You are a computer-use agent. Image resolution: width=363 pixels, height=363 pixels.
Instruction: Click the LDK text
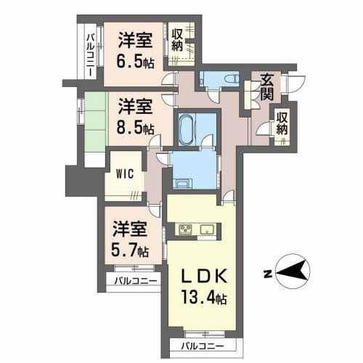coord(205,277)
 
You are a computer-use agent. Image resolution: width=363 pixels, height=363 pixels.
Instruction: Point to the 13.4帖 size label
coord(205,298)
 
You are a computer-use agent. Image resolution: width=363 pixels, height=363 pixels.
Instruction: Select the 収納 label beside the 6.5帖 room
coord(179,39)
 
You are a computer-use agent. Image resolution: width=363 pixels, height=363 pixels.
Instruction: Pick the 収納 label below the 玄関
coord(282,124)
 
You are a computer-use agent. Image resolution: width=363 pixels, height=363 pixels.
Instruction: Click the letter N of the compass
coord(268,274)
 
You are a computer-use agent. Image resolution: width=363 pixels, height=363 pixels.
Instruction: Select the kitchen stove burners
coord(185,232)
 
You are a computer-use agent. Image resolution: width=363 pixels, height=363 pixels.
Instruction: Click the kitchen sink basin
coord(206,232)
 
